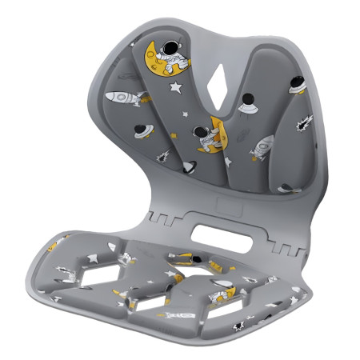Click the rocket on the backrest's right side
262,146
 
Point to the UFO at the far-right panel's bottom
286,187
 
